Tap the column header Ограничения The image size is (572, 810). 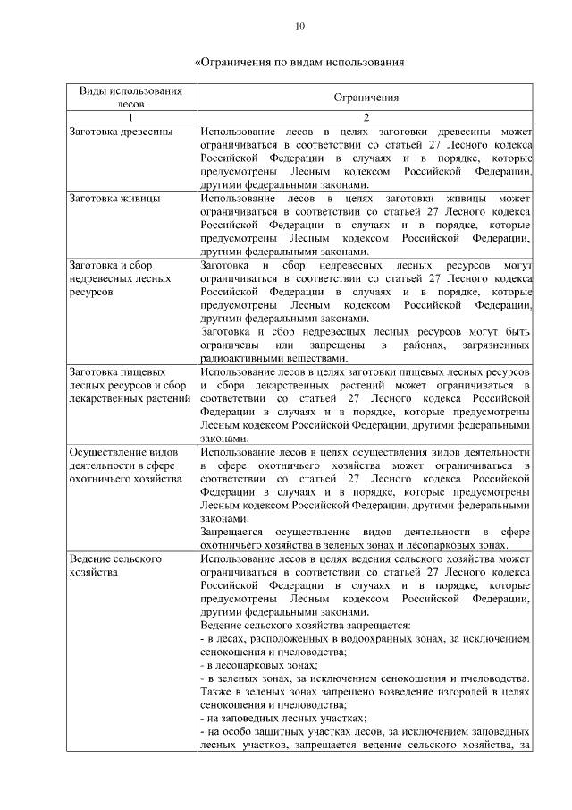click(366, 98)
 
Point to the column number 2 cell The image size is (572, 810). click(366, 117)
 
